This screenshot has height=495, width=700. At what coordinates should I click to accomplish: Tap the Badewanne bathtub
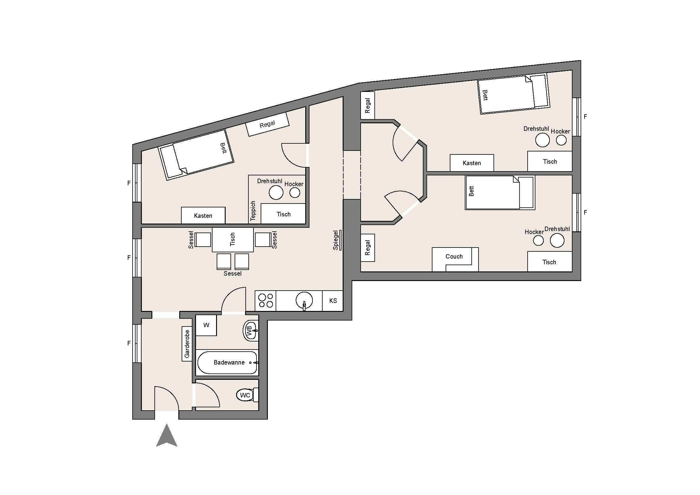[x=227, y=362]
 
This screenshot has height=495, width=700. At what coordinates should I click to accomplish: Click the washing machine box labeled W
[x=206, y=325]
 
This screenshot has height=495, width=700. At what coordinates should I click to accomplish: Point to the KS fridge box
[x=332, y=301]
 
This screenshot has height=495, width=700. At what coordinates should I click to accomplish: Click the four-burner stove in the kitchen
[x=265, y=300]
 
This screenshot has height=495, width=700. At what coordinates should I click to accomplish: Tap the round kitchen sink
[x=304, y=300]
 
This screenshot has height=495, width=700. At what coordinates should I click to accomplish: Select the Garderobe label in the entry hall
[x=187, y=344]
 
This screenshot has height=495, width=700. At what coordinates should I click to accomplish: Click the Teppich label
[x=253, y=211]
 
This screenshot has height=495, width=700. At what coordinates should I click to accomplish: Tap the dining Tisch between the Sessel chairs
[x=233, y=240]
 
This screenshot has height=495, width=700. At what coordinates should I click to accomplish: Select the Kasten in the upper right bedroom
[x=472, y=163]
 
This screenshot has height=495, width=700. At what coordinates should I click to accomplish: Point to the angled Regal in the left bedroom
[x=267, y=124]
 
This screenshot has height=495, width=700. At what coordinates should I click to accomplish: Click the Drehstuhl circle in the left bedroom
[x=276, y=193]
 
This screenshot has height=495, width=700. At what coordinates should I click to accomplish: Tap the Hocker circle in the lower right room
[x=538, y=241]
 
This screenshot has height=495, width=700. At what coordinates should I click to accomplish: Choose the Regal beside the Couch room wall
[x=368, y=247]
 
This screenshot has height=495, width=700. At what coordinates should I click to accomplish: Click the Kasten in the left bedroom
[x=203, y=215]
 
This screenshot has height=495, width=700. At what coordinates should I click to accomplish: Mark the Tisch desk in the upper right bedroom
[x=550, y=162]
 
